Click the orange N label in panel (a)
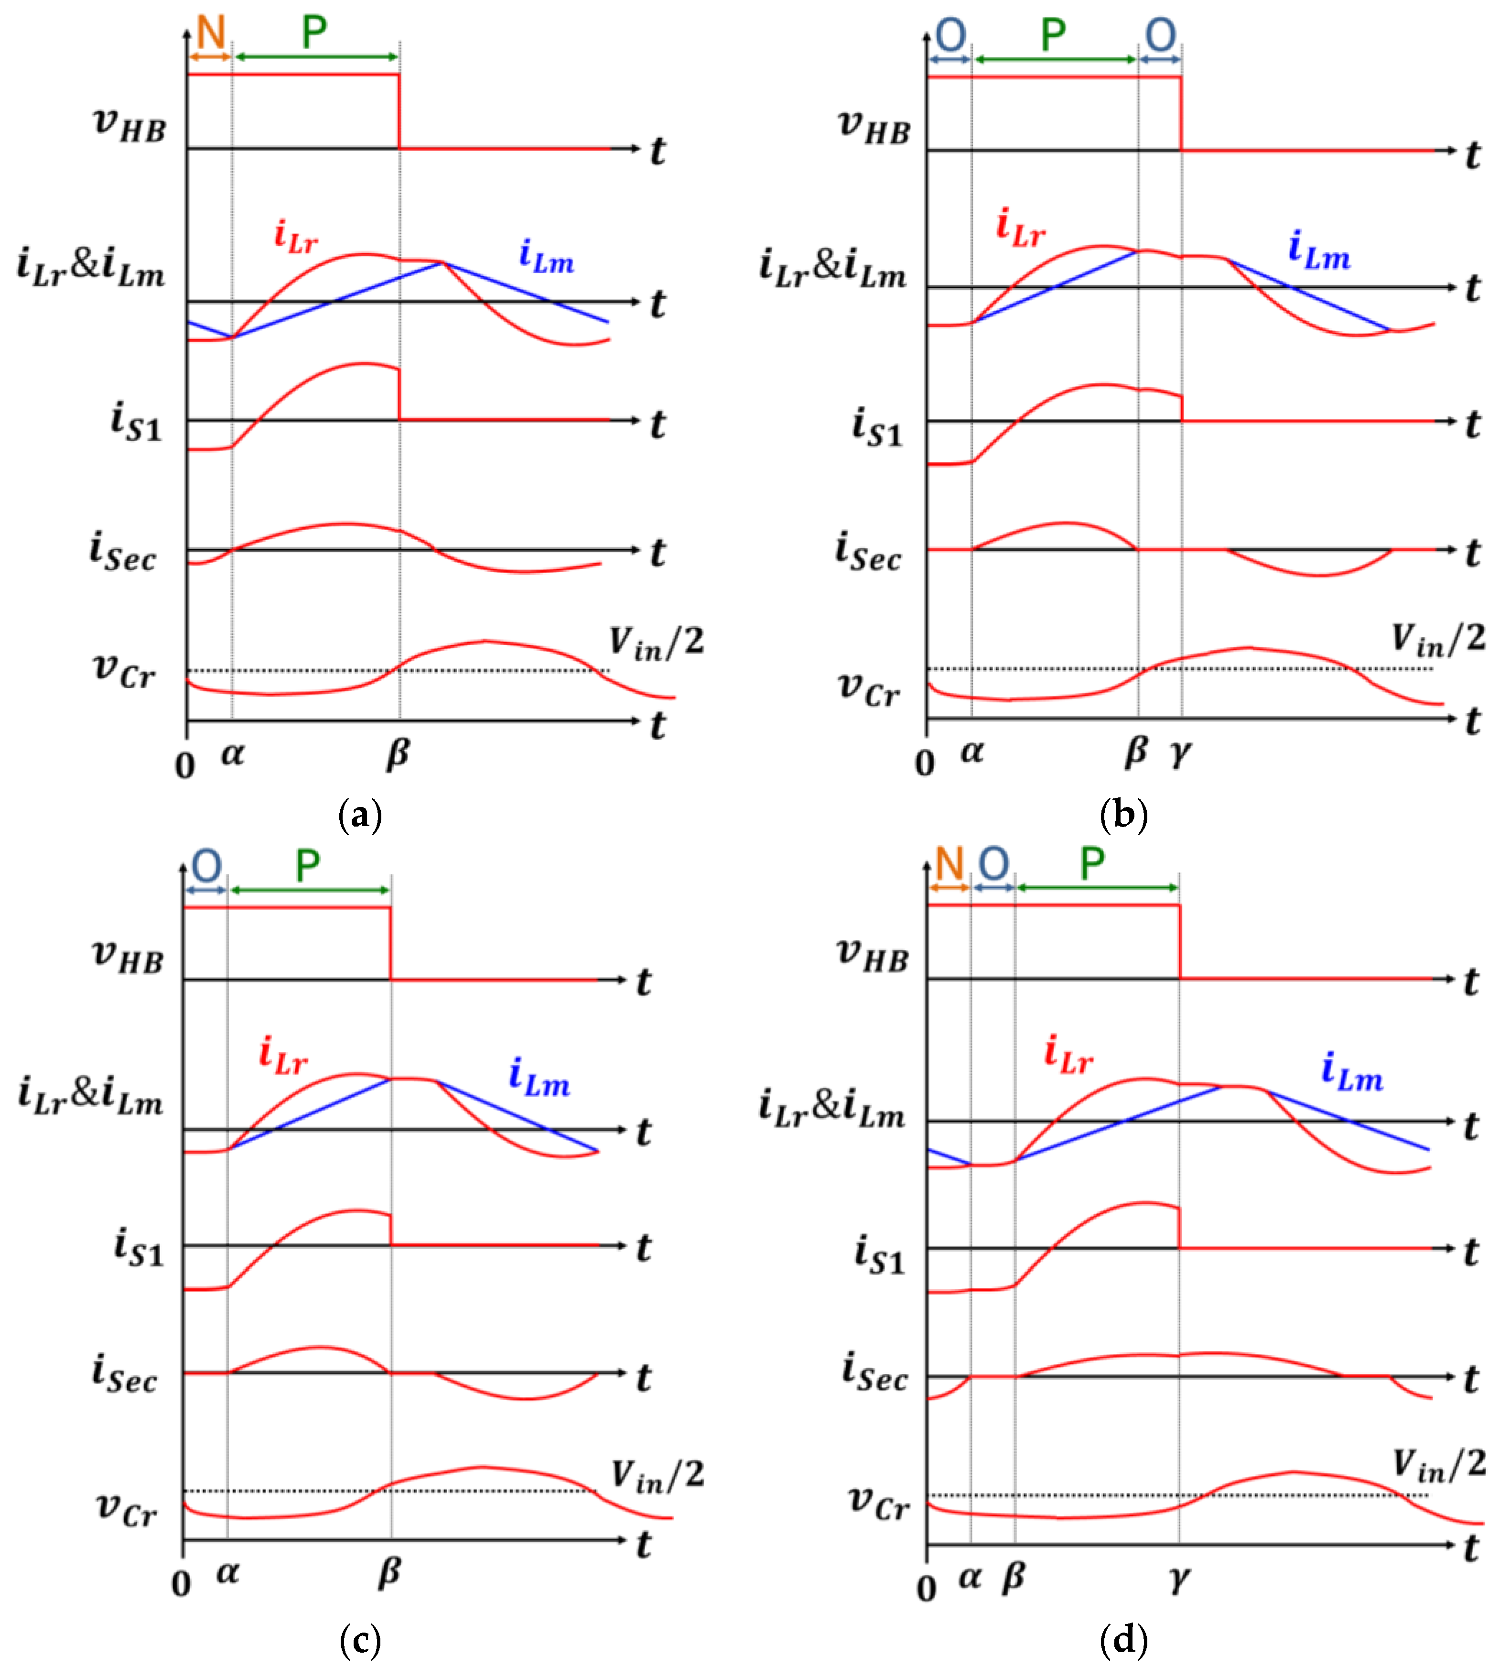pos(211,33)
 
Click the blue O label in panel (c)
pos(206,867)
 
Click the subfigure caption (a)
pos(360,815)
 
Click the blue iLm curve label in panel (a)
pos(546,256)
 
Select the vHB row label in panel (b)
pos(874,127)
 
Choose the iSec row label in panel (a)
pos(122,552)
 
